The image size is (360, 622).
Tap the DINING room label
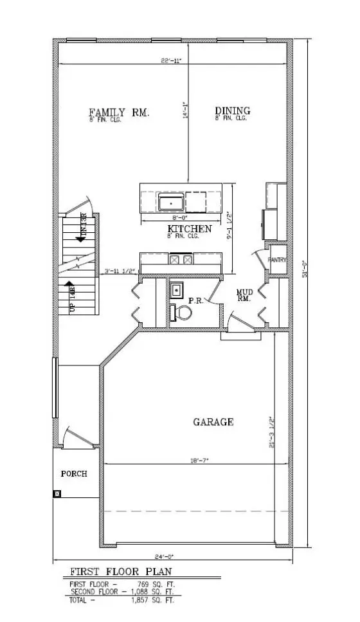point(232,111)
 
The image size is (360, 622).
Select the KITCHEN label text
point(190,229)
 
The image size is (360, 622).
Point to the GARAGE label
point(213,422)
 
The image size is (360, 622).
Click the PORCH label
point(74,473)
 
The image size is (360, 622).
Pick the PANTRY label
point(278,260)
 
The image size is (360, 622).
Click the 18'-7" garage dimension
point(200,461)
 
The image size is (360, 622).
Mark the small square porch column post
point(57,494)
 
